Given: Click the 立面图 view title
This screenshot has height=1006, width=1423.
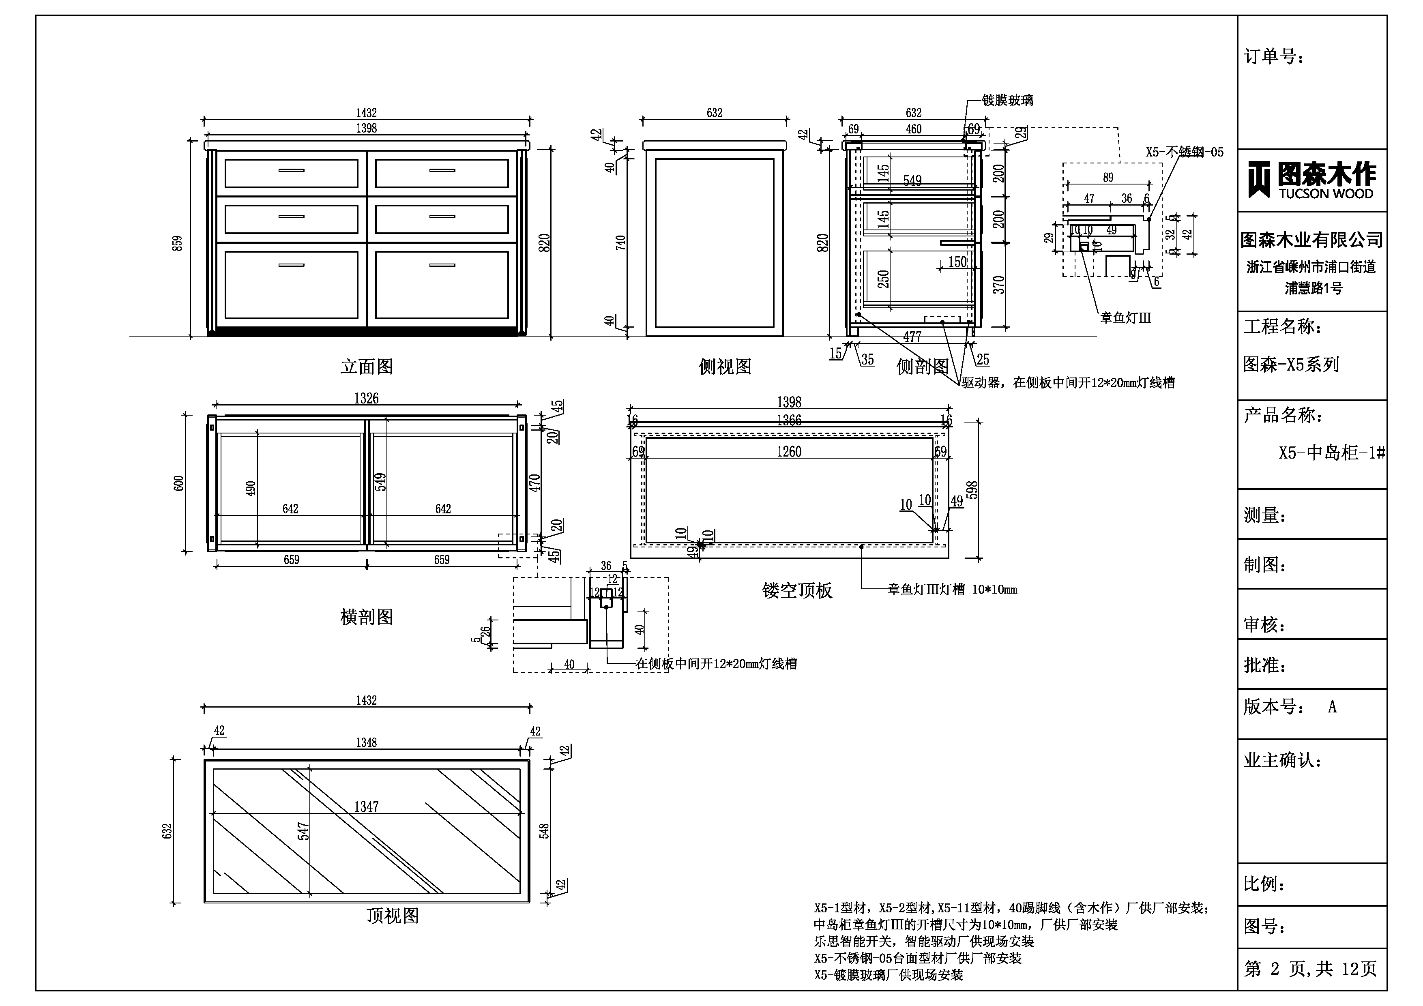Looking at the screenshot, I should pos(367,367).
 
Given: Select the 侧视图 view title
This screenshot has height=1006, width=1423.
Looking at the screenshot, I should pos(725,367).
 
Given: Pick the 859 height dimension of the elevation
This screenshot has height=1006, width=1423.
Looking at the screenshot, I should pos(178,243).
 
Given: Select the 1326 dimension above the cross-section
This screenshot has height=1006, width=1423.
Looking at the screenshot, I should pos(366,399).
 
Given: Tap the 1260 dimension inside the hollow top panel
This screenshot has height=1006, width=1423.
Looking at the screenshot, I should pos(789,452).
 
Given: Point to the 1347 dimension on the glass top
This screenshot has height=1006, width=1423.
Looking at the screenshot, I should pos(366,807).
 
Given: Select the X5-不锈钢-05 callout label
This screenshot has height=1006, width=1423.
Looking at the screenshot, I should pos(1185,152).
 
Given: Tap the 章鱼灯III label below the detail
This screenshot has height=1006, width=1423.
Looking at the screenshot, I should pos(1125,318).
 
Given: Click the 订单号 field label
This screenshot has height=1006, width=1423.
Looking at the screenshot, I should pos(1274,57).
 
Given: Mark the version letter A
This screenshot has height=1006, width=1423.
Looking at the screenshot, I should pos(1333,707).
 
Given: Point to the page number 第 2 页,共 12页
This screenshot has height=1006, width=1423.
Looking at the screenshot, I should pos(1310,969).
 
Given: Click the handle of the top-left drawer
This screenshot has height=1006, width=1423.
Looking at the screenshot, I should pos(291,170).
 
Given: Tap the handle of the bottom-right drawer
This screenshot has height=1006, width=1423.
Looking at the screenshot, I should pos(442,265).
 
